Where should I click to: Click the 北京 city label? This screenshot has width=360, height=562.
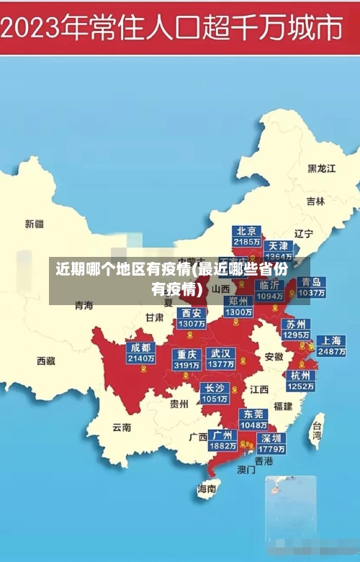pyautogui.click(x=246, y=231)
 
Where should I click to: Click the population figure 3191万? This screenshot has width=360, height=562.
pyautogui.click(x=186, y=365)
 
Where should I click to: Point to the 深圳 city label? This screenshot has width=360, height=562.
pyautogui.click(x=271, y=438)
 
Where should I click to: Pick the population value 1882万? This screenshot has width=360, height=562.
pyautogui.click(x=222, y=446)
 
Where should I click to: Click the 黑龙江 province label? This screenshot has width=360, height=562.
pyautogui.click(x=322, y=168)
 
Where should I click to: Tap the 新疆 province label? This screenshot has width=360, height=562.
pyautogui.click(x=35, y=224)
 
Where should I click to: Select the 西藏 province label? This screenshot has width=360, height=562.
pyautogui.click(x=46, y=360)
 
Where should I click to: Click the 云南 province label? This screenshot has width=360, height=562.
pyautogui.click(x=122, y=427)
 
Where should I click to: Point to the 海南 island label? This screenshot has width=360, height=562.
pyautogui.click(x=207, y=489)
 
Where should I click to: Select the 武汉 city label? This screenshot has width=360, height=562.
pyautogui.click(x=220, y=353)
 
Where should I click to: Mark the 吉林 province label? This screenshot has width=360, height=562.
pyautogui.click(x=315, y=201)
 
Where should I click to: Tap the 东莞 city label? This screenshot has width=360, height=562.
pyautogui.click(x=253, y=414)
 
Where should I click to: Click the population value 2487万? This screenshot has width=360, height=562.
pyautogui.click(x=331, y=352)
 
